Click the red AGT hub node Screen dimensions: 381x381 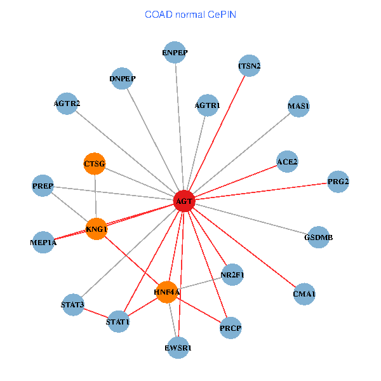point(184,201)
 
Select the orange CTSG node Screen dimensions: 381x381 point(95,164)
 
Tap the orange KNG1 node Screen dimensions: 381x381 point(97,229)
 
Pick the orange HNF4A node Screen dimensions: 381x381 point(167,291)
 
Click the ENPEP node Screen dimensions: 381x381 point(175,53)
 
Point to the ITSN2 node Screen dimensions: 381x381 point(250,65)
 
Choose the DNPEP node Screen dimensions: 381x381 point(123,78)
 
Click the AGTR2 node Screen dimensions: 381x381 point(67,103)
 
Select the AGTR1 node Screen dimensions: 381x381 point(208,105)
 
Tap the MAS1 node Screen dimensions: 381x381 point(298,105)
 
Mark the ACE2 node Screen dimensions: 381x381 point(287,161)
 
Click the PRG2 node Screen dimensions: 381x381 point(338,182)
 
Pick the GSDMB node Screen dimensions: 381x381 point(318,237)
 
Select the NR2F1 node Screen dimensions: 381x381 point(232,275)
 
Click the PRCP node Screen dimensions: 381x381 point(231,328)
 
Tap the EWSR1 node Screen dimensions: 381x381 point(178,347)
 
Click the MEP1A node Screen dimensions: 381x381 point(43,242)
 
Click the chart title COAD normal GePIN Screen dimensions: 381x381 point(190,14)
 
